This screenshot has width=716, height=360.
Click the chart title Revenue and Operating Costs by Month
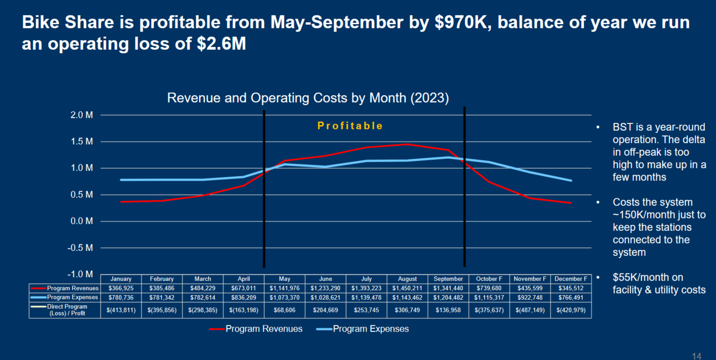tap(308, 98)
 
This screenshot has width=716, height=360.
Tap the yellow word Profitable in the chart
tap(350, 126)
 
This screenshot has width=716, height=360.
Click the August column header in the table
tap(407, 278)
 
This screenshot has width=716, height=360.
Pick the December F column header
tap(571, 278)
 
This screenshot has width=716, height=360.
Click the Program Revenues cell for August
tap(407, 287)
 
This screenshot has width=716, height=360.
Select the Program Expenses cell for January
tap(121, 297)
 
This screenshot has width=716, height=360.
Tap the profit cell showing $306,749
tap(407, 310)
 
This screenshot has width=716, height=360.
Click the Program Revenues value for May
tap(285, 287)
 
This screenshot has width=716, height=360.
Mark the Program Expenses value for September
tap(448, 297)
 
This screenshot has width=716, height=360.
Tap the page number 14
tap(697, 356)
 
